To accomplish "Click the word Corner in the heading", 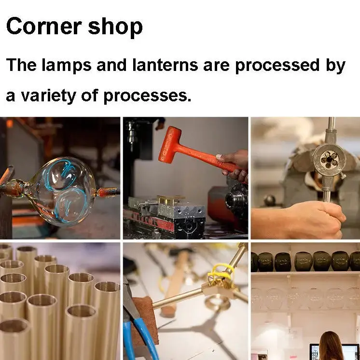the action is click(x=44, y=26).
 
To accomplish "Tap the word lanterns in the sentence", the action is click(x=165, y=65).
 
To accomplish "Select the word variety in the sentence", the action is click(x=48, y=96).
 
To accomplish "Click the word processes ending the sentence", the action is click(x=147, y=97).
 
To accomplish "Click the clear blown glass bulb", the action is click(x=62, y=191).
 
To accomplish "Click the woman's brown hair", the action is click(x=331, y=346).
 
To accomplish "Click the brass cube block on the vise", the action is click(x=170, y=200).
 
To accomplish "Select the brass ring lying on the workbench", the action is click(x=218, y=303).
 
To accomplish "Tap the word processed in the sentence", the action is click(x=277, y=66).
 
